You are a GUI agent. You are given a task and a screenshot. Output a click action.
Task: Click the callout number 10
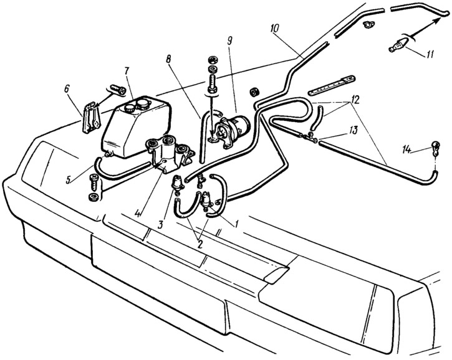(x=276, y=28)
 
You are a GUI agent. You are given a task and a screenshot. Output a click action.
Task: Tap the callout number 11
(x=429, y=54)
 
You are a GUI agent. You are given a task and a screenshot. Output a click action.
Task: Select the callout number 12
(x=354, y=100)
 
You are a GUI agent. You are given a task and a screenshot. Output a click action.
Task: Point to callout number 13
(x=353, y=130)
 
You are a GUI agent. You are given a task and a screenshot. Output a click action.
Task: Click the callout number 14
(x=409, y=149)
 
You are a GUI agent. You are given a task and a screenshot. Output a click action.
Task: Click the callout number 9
(x=229, y=40)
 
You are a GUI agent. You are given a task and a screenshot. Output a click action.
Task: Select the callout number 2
(x=200, y=244)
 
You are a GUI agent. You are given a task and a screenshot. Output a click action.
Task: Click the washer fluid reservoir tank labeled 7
(x=136, y=126)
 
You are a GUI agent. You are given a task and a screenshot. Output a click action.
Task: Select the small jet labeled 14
(x=435, y=148)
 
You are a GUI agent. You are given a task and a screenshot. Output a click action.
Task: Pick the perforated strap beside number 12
(x=332, y=85)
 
